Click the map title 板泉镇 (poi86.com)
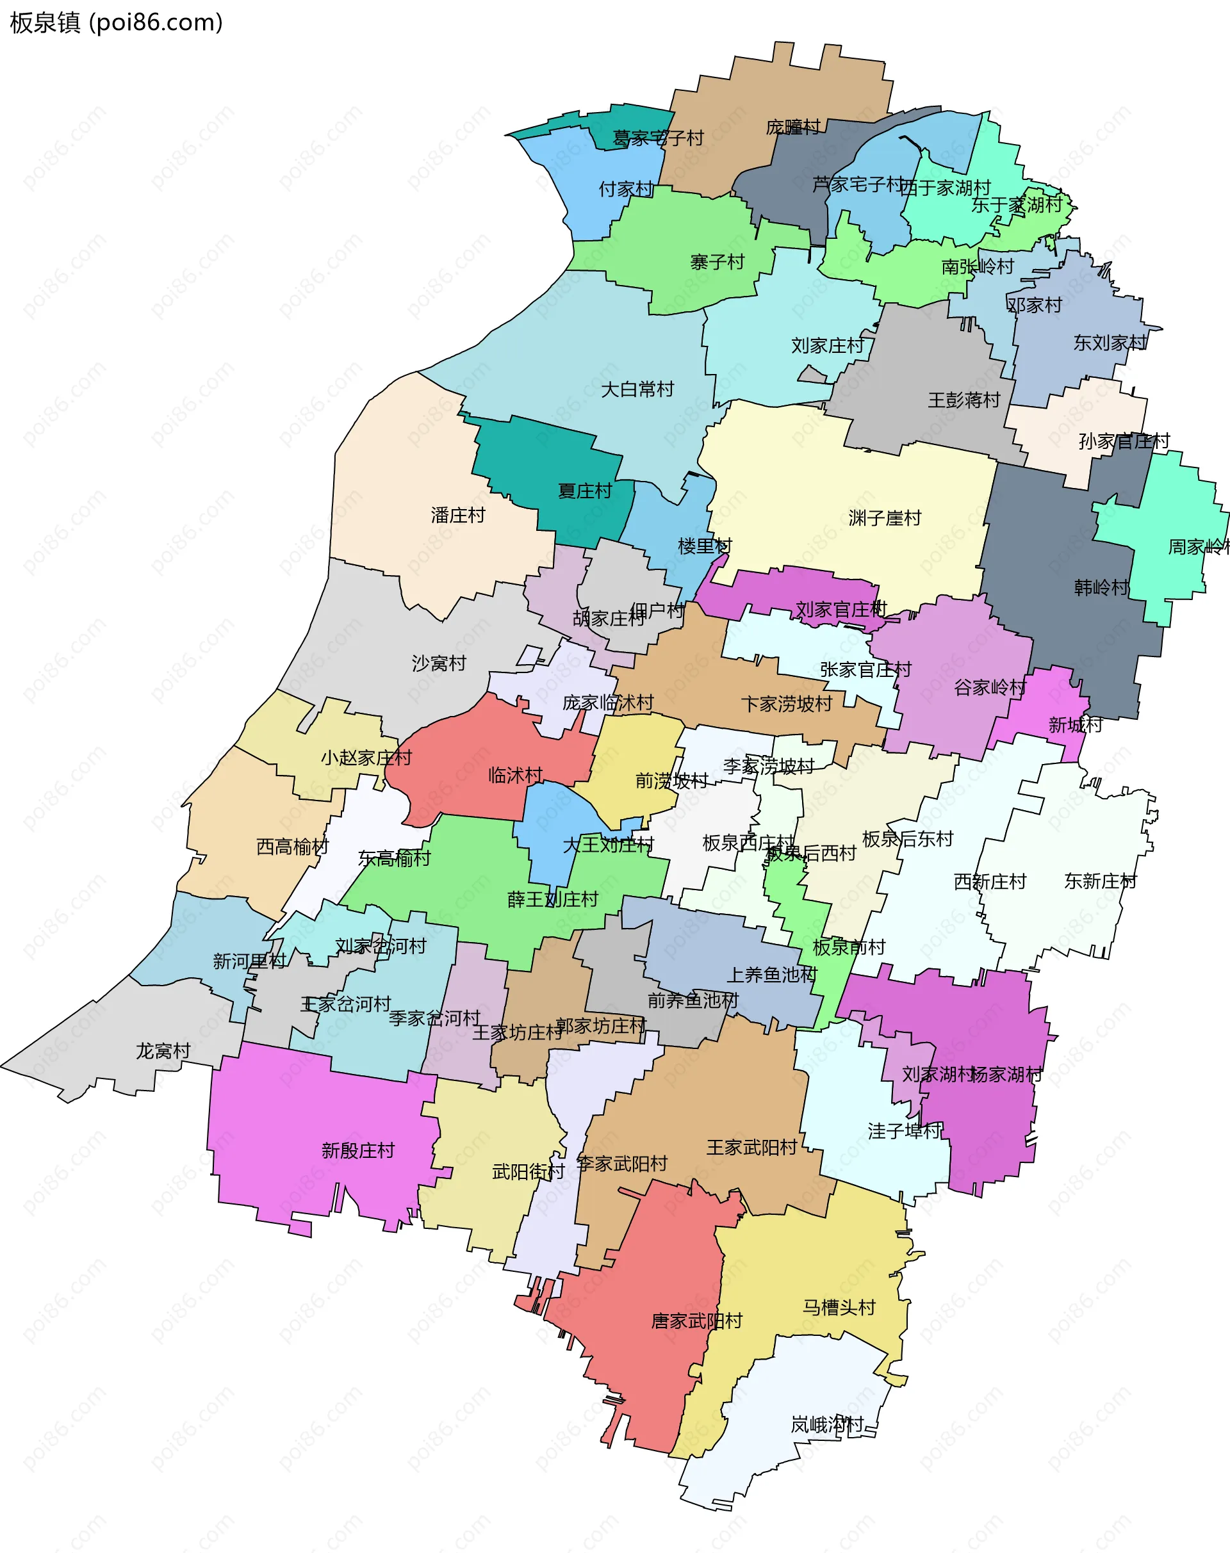[x=117, y=23]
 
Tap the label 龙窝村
[x=163, y=1051]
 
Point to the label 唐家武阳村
[x=696, y=1321]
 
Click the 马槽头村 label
[x=839, y=1308]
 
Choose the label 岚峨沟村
[x=826, y=1424]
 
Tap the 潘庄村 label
[x=458, y=516]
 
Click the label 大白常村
[x=637, y=389]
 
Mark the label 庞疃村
[x=793, y=127]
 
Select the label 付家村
[x=627, y=190]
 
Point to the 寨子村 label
[x=717, y=262]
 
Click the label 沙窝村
[x=439, y=663]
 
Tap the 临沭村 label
[x=516, y=776]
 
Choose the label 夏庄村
[x=585, y=491]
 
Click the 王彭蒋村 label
[x=964, y=400]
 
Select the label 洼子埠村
[x=905, y=1131]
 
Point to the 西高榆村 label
[x=292, y=847]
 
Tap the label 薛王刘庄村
[x=552, y=899]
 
